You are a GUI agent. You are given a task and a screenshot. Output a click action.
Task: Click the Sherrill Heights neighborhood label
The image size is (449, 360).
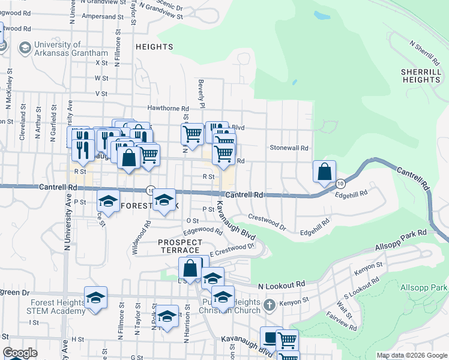pyautogui.click(x=421, y=76)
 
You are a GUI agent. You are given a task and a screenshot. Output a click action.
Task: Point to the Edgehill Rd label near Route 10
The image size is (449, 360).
pyautogui.click(x=350, y=195)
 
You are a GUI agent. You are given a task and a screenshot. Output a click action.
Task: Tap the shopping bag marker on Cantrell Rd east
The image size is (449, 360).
pyautogui.click(x=324, y=172)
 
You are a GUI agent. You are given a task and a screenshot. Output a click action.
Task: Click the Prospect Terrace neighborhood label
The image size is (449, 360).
pyautogui.click(x=180, y=245)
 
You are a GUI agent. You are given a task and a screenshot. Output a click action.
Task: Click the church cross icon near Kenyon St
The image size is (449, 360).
pyautogui.click(x=270, y=305)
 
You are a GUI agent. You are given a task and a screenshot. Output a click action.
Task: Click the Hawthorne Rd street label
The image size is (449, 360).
pyautogui.click(x=169, y=109)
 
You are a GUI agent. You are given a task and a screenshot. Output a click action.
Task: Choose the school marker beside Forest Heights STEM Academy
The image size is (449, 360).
pyautogui.click(x=95, y=298)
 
